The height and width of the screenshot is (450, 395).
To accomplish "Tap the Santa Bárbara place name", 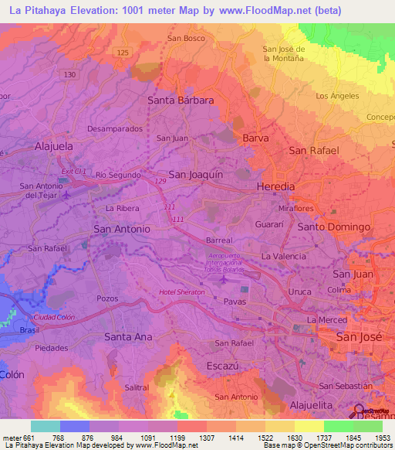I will (x=181, y=101).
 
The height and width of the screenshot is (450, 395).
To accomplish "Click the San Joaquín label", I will (x=195, y=175).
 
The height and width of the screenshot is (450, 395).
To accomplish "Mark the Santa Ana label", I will (x=128, y=337).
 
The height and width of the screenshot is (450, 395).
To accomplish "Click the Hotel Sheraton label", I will (x=182, y=292).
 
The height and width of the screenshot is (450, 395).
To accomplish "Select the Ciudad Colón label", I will (x=54, y=318).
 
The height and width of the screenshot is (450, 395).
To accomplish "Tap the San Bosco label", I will (x=186, y=38).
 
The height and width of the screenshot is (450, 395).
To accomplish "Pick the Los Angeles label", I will (x=337, y=96).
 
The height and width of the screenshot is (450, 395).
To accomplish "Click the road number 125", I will (x=123, y=52).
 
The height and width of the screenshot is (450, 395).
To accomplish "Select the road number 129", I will (x=160, y=181).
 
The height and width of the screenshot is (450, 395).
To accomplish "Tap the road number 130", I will (x=70, y=74).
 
